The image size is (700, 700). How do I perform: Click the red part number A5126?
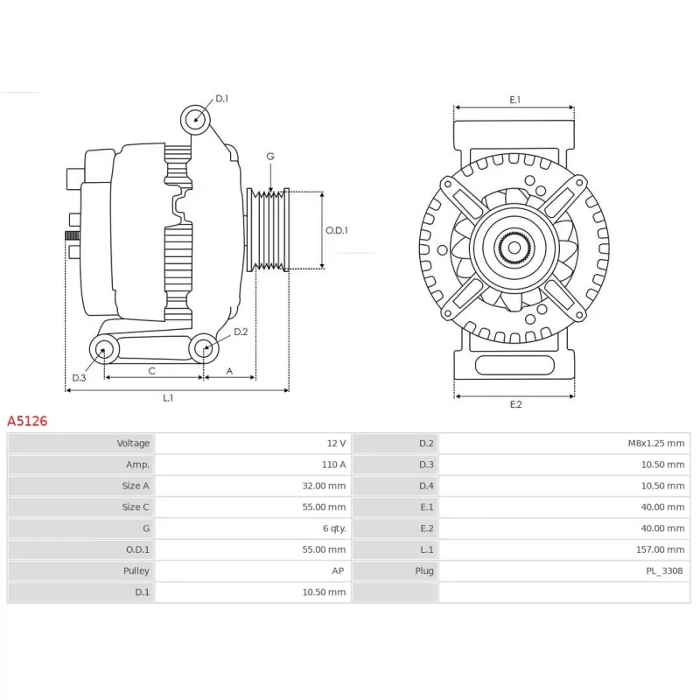click(x=27, y=421)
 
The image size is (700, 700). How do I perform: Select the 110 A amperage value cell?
click(x=253, y=465)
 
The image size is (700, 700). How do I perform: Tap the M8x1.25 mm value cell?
click(x=564, y=444)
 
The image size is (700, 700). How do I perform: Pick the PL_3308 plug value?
click(x=664, y=571)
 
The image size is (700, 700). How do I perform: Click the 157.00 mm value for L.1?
click(x=661, y=549)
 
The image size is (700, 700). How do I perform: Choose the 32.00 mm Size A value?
click(x=324, y=486)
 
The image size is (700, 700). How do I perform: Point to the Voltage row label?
click(x=133, y=444)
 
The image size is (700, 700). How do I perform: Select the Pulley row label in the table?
click(x=136, y=571)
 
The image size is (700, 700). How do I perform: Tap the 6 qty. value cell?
click(x=253, y=528)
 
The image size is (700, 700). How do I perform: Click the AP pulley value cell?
click(x=253, y=571)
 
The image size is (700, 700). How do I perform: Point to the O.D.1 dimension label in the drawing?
click(x=337, y=230)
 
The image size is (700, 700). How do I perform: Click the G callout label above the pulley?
click(x=270, y=157)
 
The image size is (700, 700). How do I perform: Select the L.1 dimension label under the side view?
click(x=168, y=398)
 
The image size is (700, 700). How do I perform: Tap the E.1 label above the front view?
click(x=514, y=100)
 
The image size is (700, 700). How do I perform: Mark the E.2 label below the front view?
click(x=515, y=404)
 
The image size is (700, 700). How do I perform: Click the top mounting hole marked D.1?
click(x=195, y=120)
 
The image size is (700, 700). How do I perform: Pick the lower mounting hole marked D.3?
click(x=104, y=348)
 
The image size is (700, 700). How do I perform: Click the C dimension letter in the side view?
click(x=151, y=371)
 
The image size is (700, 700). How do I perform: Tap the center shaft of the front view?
click(x=514, y=248)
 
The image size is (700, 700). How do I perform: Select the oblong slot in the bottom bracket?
click(x=514, y=365)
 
